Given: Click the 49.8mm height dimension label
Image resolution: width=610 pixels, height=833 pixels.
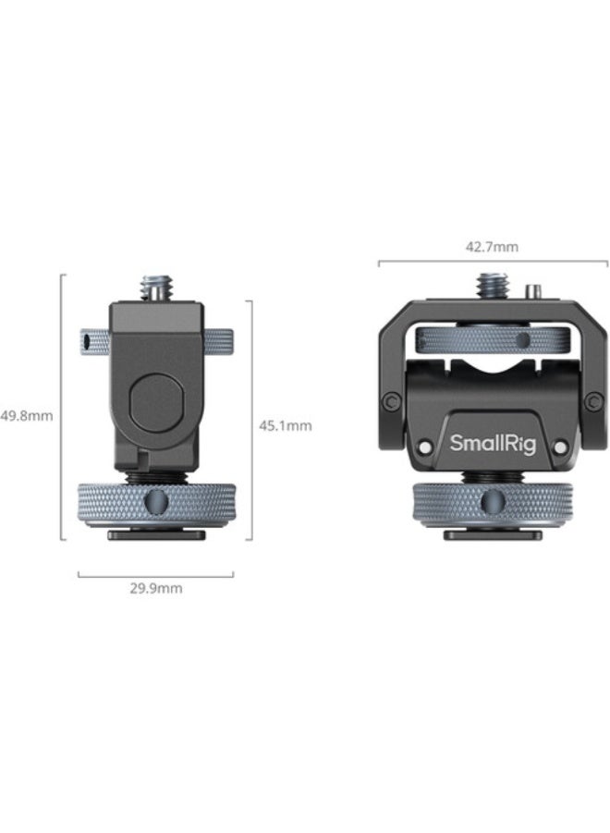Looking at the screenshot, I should click(27, 415).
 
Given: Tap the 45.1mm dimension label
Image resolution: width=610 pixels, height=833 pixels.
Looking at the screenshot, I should click(285, 426).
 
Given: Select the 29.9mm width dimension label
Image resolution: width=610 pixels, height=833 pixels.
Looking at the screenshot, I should click(155, 588).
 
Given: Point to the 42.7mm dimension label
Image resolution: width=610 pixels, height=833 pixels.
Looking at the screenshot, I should click(491, 247).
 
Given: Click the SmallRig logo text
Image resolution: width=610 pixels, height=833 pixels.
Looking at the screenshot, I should click(491, 443).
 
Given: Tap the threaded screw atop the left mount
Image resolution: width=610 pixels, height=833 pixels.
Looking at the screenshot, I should click(155, 288).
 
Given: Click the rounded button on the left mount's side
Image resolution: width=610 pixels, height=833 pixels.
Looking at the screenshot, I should click(154, 397).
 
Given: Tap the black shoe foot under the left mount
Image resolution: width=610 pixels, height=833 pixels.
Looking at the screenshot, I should click(155, 534).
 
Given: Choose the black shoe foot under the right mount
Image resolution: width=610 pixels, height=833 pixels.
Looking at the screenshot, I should click(491, 534).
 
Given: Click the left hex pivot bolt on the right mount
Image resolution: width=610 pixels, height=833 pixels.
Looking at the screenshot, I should click(392, 400).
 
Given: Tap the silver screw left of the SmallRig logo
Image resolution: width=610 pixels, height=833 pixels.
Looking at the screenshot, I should click(424, 447).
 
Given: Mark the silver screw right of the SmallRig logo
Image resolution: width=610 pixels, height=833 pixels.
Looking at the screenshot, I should click(557, 447).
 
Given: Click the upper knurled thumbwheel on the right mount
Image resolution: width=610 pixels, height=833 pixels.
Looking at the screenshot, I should click(491, 338).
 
